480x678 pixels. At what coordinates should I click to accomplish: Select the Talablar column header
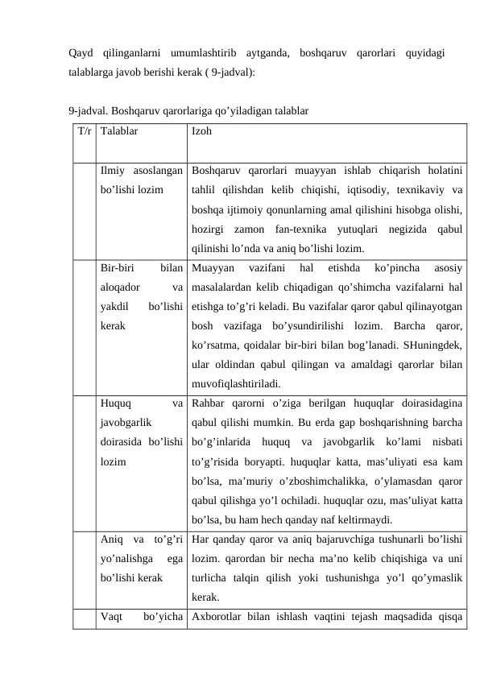(x=119, y=130)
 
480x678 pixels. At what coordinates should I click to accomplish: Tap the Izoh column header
(x=202, y=130)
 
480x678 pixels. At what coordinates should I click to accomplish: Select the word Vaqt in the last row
(x=113, y=619)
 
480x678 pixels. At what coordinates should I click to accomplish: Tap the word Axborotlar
(x=221, y=619)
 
